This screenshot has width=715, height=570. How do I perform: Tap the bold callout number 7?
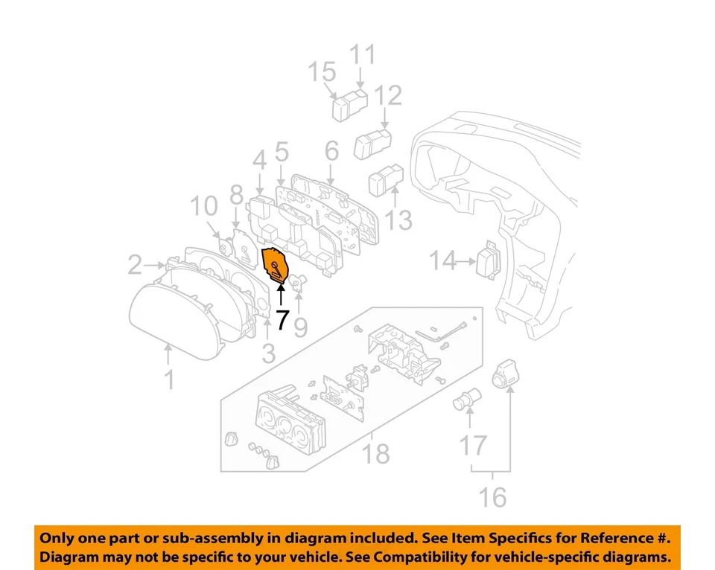coord(282,321)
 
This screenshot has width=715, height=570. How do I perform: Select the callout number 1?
coord(170,380)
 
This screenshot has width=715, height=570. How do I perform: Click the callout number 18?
coord(375,452)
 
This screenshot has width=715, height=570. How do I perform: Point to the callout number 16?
coord(492,496)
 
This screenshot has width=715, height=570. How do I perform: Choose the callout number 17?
coord(472,446)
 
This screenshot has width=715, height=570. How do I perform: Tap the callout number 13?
coord(399,220)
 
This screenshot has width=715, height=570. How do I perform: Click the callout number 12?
coord(388,96)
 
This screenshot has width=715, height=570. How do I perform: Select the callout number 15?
coord(323,74)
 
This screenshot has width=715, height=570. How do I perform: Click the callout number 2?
coord(135,264)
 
